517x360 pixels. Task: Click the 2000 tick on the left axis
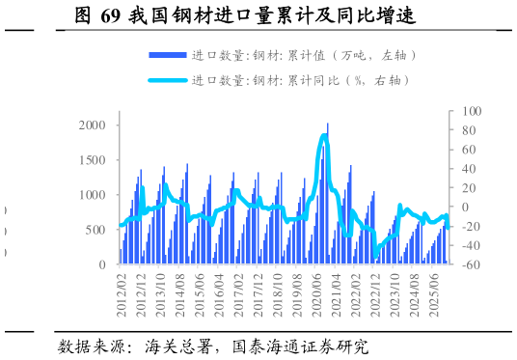[x=92, y=125]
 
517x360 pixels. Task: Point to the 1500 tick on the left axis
[x=92, y=160]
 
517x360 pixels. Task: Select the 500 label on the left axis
[x=95, y=230]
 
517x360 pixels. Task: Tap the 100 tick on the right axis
[x=469, y=112]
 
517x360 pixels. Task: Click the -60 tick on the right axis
[x=469, y=264]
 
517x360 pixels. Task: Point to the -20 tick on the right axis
[x=469, y=226]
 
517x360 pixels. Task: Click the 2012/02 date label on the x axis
[x=122, y=292]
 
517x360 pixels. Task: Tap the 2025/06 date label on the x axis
[x=434, y=292]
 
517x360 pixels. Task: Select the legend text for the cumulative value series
[x=304, y=56]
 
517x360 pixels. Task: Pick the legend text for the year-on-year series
[x=304, y=80]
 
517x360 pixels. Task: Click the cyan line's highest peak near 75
[x=324, y=136]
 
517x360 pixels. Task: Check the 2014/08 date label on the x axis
[x=181, y=292]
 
